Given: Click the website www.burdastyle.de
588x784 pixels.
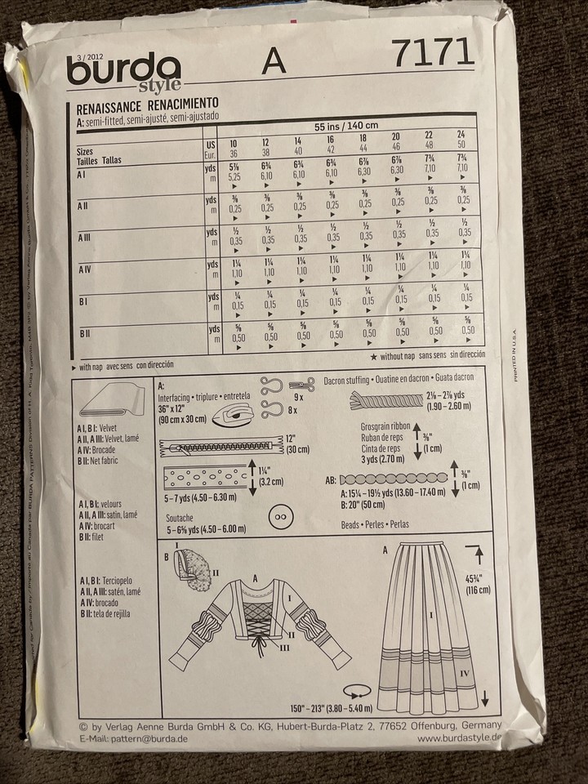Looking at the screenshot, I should [x=460, y=738].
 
